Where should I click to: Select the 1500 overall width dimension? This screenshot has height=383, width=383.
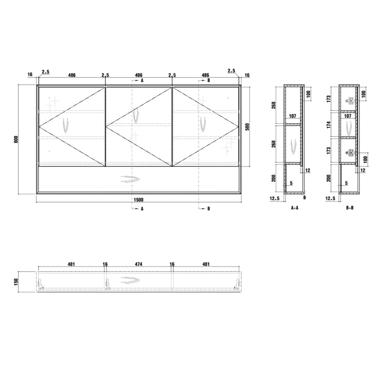click(x=138, y=199)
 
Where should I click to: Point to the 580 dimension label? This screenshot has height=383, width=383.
click(x=247, y=127)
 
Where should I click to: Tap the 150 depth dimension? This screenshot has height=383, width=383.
click(x=16, y=282)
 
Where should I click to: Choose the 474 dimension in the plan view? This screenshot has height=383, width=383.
click(x=138, y=264)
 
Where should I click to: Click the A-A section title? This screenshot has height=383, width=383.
click(x=295, y=208)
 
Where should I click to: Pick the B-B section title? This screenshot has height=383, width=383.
click(x=350, y=208)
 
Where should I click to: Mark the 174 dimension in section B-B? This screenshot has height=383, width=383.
click(x=328, y=125)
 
